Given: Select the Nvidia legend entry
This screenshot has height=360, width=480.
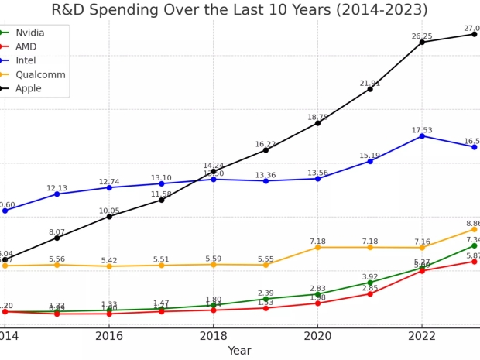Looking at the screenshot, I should tap(30, 33).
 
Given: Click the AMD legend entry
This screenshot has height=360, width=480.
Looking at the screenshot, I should tap(26, 47).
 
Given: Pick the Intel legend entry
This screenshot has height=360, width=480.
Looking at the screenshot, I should tap(26, 61).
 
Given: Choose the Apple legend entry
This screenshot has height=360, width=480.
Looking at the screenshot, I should tap(29, 89).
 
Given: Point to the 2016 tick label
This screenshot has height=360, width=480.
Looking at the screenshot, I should tap(109, 335).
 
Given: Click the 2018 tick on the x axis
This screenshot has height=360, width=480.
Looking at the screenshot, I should tap(214, 335).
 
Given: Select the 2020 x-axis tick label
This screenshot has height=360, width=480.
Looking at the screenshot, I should tap(317, 335).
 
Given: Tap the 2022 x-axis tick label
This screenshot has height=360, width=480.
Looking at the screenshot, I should tap(422, 335).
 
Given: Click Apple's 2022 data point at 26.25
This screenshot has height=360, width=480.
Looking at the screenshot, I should tap(422, 42).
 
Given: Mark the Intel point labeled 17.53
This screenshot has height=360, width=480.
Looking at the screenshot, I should tap(422, 136).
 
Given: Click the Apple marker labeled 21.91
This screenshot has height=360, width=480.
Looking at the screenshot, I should tap(370, 89).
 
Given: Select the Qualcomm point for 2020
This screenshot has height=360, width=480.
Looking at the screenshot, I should tap(317, 247).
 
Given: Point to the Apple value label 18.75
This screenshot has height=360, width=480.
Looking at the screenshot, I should tap(317, 118).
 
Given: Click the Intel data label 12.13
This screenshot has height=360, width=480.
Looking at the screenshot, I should tap(57, 188).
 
